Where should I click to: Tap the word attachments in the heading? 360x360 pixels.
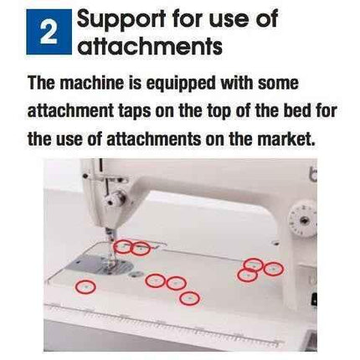pyautogui.click(x=150, y=47)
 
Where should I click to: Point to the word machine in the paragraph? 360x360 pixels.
pyautogui.click(x=91, y=85)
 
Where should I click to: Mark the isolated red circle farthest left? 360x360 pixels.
pyautogui.click(x=85, y=286)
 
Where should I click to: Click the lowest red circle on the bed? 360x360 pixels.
pyautogui.click(x=190, y=297)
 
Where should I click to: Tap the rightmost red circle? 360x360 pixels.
pyautogui.click(x=274, y=268)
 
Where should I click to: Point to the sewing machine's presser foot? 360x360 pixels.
pyautogui.click(x=110, y=250)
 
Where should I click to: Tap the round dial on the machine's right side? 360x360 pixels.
pyautogui.click(x=302, y=219)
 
